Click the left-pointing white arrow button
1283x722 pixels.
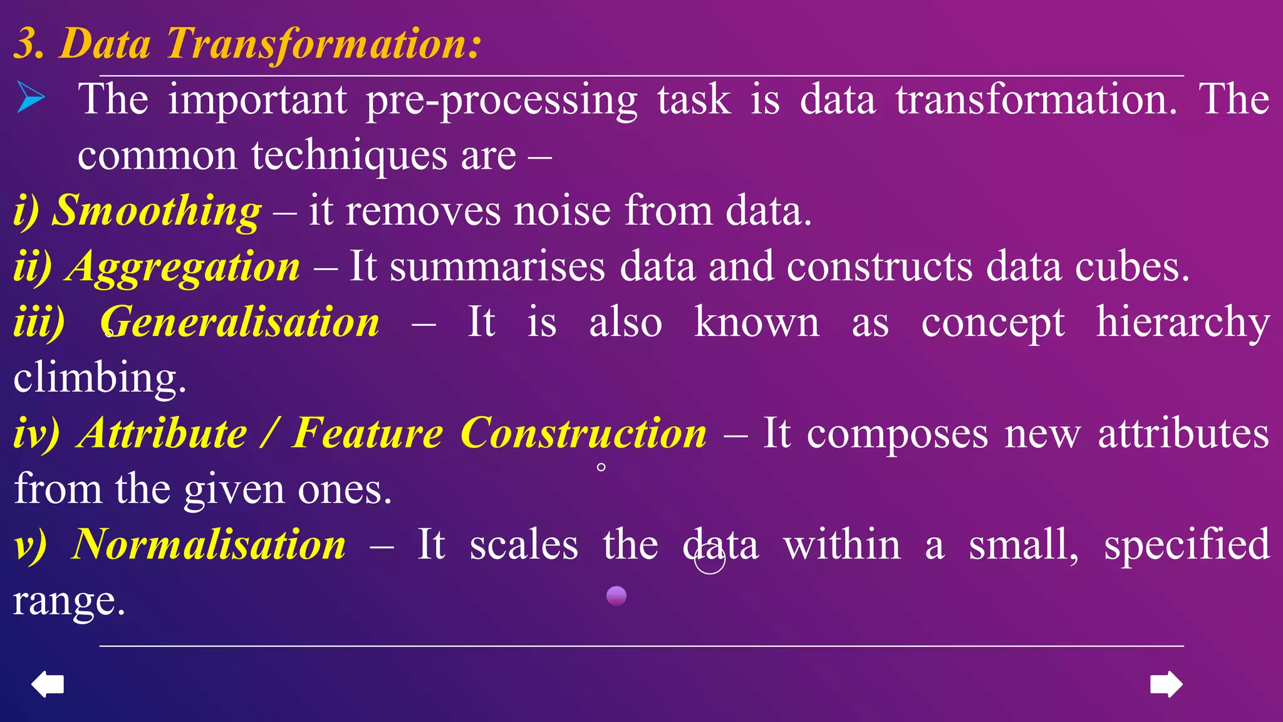click(x=48, y=684)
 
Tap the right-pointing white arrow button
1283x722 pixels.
click(x=1166, y=684)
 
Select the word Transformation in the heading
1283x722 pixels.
click(x=323, y=44)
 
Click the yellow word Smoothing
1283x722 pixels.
click(x=156, y=211)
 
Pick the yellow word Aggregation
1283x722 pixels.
click(x=184, y=266)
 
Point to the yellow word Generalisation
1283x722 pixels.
click(x=240, y=322)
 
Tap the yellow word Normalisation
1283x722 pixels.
click(x=209, y=544)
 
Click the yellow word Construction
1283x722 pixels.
click(x=583, y=433)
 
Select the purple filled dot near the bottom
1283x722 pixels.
click(x=616, y=595)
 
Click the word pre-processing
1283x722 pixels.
click(x=501, y=100)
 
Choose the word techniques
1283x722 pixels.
click(x=350, y=155)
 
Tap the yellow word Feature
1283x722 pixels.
click(x=368, y=433)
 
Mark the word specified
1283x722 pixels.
click(x=1187, y=544)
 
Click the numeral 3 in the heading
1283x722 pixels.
click(x=26, y=44)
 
